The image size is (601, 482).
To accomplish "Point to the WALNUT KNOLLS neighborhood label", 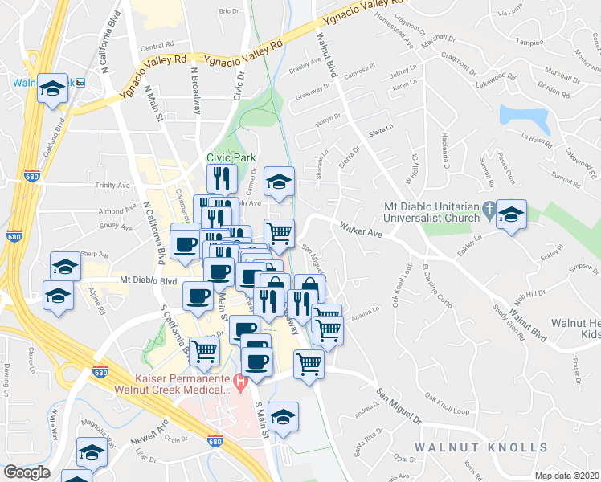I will [481, 447].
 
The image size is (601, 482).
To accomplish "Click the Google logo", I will [27, 472].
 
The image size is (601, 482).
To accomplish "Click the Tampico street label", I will [529, 40].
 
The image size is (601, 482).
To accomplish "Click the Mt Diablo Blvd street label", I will [148, 281].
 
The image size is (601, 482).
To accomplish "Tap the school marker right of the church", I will [510, 214].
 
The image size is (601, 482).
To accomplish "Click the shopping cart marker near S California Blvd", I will [205, 350].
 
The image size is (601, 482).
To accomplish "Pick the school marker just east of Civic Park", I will [279, 182].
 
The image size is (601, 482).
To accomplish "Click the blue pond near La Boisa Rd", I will [523, 119].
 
